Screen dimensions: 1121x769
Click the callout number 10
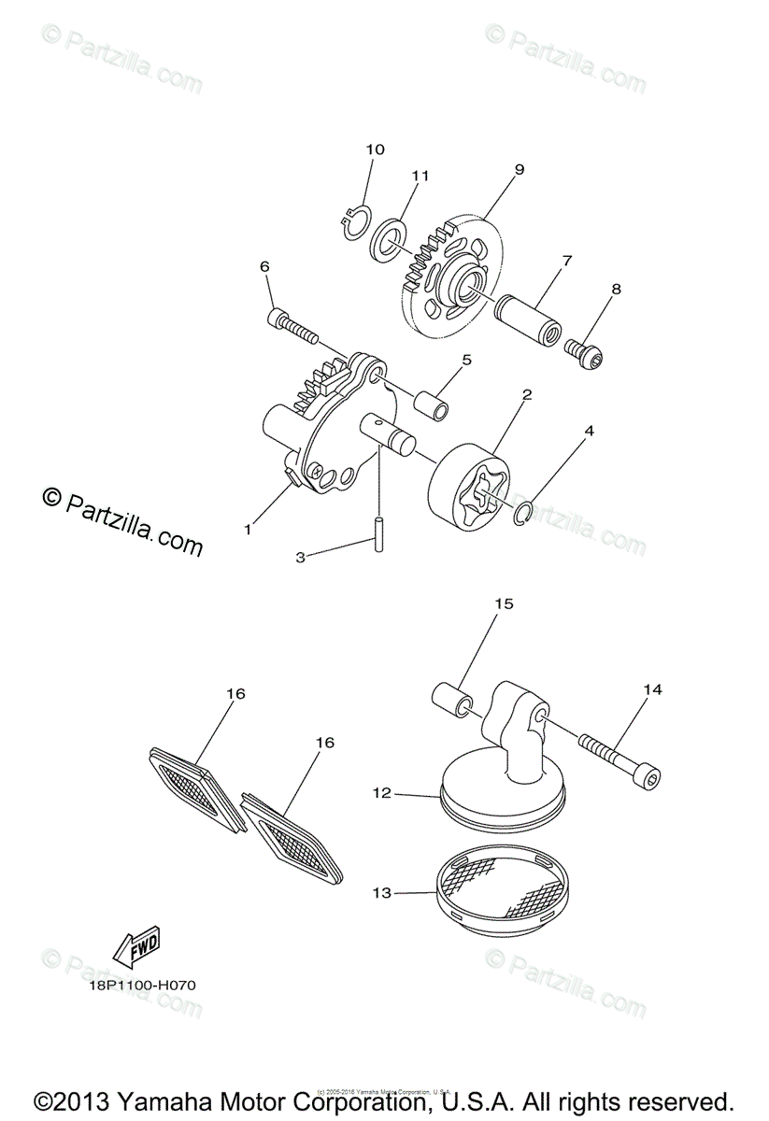375,149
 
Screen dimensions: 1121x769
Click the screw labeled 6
293,326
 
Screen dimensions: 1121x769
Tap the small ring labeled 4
524,511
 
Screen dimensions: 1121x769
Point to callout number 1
248,530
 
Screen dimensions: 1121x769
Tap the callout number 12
381,793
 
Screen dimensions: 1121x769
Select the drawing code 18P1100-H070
136,984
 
